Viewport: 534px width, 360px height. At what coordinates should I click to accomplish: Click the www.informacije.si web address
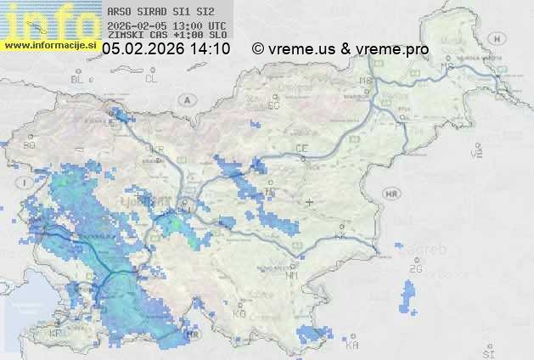[x=50, y=44]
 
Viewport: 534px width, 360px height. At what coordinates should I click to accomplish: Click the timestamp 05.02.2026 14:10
[x=166, y=49]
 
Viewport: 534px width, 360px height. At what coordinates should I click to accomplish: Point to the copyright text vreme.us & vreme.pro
[x=340, y=49]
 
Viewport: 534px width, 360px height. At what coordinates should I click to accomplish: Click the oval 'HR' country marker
[x=391, y=194]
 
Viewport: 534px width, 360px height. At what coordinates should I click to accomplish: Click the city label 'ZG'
[x=415, y=269]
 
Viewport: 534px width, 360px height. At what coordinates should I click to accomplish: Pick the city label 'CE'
[x=301, y=149]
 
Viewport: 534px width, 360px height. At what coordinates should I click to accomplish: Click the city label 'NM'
[x=293, y=275]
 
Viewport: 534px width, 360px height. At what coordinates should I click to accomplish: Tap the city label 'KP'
[x=56, y=334]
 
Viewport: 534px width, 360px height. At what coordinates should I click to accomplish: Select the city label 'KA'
[x=352, y=345]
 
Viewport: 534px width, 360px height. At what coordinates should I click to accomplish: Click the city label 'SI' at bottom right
[x=487, y=352]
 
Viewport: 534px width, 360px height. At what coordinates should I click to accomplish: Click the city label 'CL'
[x=152, y=79]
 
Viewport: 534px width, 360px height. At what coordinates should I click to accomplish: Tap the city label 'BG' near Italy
[x=30, y=145]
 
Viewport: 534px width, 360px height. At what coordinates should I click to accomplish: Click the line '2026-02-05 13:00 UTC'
[x=155, y=25]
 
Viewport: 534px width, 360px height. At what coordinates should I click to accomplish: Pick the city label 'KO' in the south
[x=239, y=313]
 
